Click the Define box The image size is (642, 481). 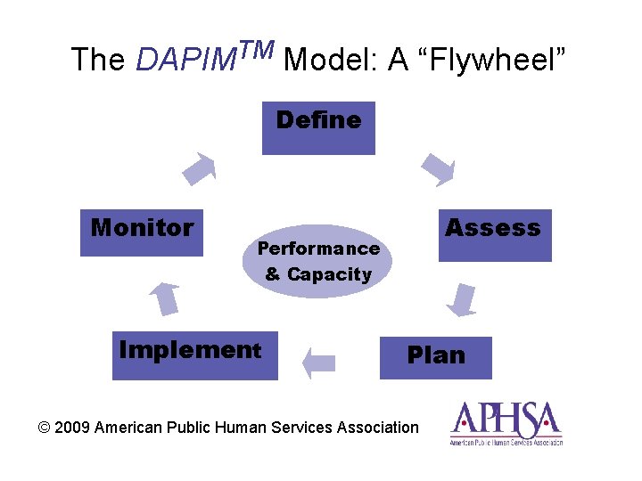318,128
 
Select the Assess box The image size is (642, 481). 495,235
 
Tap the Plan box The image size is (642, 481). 436,357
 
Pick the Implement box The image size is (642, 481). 194,355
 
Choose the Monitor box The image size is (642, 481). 142,233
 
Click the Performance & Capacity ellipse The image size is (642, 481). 317,261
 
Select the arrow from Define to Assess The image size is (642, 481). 437,169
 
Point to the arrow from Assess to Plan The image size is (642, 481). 462,299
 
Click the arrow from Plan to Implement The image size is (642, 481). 318,363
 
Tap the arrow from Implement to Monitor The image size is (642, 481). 164,298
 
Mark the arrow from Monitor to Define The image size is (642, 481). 200,168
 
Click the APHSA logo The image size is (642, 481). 506,423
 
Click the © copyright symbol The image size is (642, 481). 45,428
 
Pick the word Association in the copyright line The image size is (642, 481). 378,428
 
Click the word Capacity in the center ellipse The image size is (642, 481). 329,274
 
